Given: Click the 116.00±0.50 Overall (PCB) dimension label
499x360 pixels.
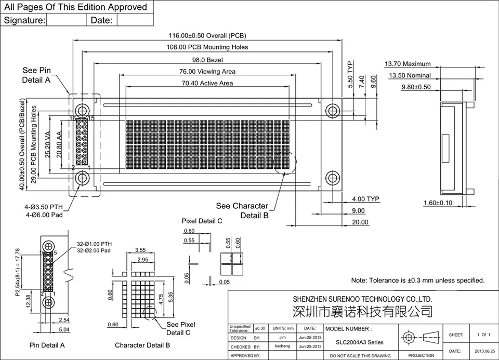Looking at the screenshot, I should point(207,35).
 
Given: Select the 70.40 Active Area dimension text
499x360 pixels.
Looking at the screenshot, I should point(207,83).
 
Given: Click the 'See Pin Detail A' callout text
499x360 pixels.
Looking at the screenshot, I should point(36,75).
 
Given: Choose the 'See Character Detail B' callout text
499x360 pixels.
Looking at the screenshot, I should point(242,210).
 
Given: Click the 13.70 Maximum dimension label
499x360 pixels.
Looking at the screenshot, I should point(408,64).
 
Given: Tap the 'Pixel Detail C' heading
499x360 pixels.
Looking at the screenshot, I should point(202,221).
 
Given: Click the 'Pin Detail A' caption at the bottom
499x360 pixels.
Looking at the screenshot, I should point(47,345).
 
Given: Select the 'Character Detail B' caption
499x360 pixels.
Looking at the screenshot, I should point(142,345).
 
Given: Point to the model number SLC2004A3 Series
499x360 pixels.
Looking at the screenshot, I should point(359,342).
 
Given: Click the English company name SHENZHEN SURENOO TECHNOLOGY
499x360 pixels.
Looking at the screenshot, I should point(362,299).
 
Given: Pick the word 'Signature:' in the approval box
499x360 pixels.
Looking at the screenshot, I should point(24,20).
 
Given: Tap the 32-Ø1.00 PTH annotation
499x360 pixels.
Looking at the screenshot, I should point(94,244).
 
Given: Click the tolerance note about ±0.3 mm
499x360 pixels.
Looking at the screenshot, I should point(418,280).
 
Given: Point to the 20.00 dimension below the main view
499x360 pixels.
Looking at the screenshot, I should point(360,222).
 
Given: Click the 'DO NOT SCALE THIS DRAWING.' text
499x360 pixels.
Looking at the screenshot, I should point(360,356).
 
